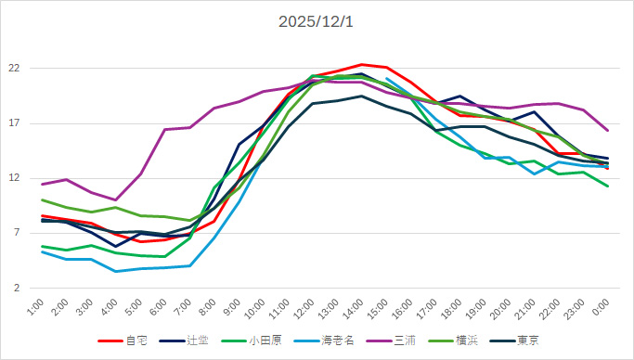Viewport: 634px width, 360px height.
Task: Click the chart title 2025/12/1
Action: (x=317, y=21)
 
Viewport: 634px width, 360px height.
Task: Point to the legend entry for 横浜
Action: (x=467, y=341)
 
